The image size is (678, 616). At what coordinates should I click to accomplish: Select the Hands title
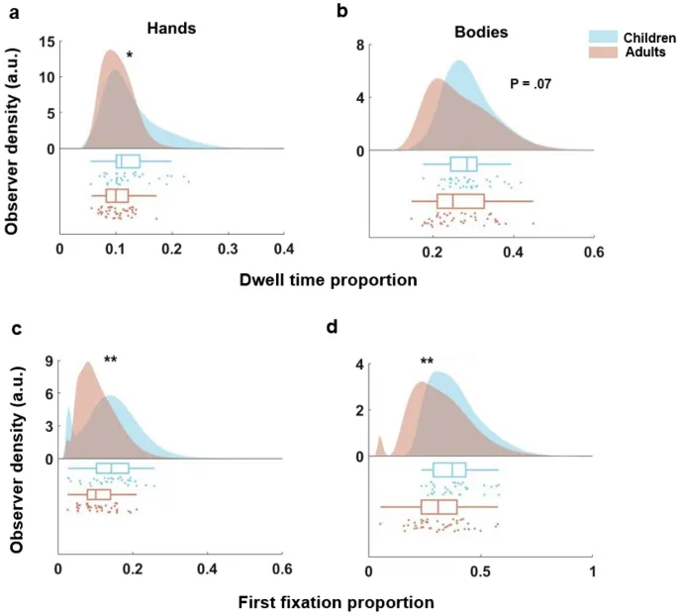click(170, 28)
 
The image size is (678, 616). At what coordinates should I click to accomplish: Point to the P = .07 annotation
click(530, 84)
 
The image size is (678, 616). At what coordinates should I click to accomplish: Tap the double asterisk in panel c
click(111, 360)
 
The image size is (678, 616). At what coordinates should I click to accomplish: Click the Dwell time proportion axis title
click(328, 279)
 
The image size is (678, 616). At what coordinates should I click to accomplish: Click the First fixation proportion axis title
click(336, 601)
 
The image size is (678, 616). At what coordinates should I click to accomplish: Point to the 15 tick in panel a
click(48, 42)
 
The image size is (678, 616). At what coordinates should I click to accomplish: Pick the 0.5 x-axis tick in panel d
click(481, 571)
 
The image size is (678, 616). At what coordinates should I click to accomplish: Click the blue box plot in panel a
click(128, 161)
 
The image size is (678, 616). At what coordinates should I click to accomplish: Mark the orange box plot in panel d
click(438, 507)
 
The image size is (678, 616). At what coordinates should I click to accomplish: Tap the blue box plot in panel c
click(112, 469)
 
